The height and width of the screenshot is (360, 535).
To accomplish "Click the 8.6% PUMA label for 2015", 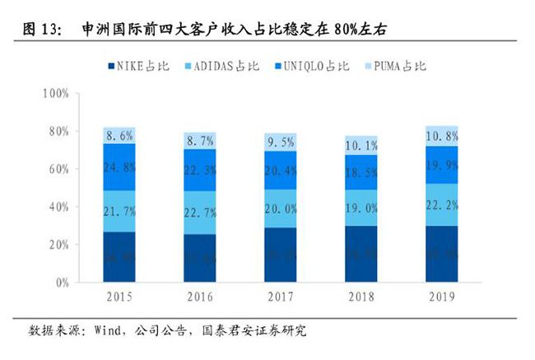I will tap(120, 134).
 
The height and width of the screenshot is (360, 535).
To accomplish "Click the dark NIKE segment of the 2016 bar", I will tap(202, 259).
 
